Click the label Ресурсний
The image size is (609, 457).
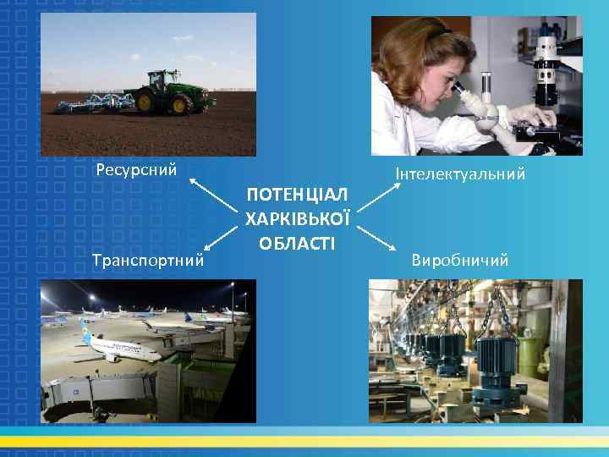pyautogui.click(x=136, y=169)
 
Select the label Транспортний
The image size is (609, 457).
pyautogui.click(x=151, y=260)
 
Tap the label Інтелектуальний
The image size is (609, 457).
pyautogui.click(x=460, y=174)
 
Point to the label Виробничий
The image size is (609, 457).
pyautogui.click(x=460, y=260)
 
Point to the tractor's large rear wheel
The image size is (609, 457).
pyautogui.click(x=180, y=103)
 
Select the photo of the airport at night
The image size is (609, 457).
pyautogui.click(x=148, y=351)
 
